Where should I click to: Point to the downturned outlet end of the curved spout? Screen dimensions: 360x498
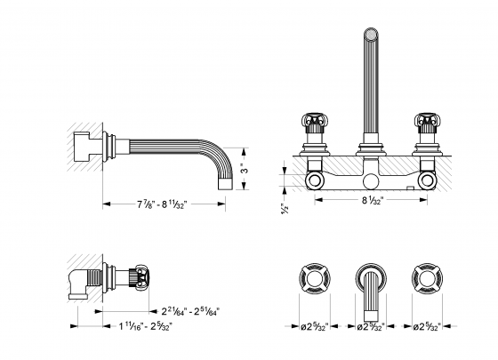225,183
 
